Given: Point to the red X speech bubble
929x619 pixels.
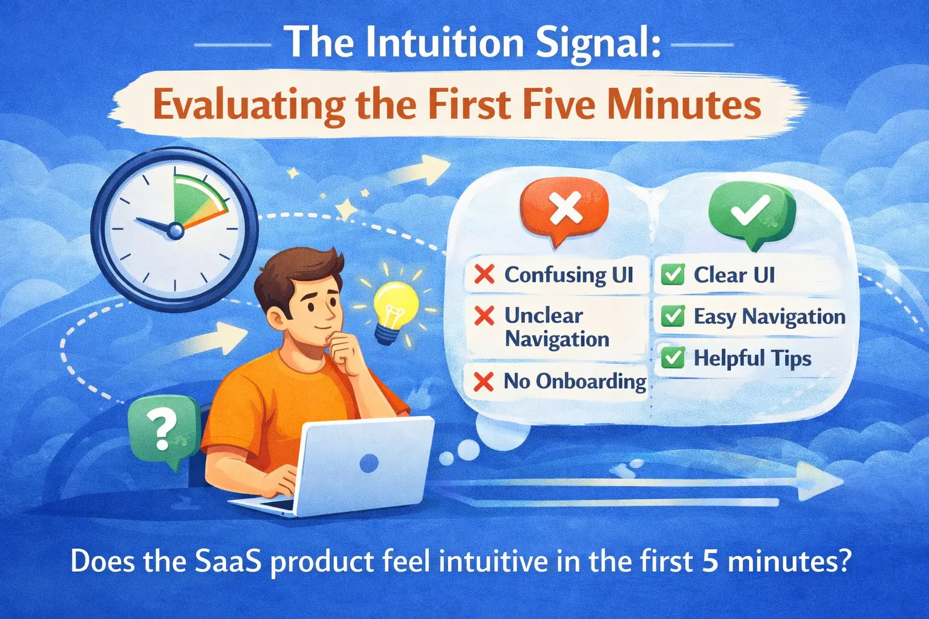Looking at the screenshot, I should [x=564, y=209].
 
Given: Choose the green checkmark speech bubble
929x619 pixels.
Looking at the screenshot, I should [x=751, y=212].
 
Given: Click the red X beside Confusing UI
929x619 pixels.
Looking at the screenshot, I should [x=484, y=274].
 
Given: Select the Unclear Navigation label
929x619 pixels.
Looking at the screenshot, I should [x=556, y=327].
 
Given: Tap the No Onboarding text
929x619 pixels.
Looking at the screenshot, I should [x=575, y=381].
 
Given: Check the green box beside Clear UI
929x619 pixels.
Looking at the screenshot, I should [x=673, y=275].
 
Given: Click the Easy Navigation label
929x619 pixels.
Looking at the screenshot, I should [x=769, y=316].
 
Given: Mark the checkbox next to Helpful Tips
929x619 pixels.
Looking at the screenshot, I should [x=673, y=358].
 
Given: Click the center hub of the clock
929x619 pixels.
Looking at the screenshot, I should [x=175, y=230].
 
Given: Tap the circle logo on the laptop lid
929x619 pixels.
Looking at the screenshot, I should [x=368, y=464].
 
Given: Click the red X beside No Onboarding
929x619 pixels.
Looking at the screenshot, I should [x=483, y=381].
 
